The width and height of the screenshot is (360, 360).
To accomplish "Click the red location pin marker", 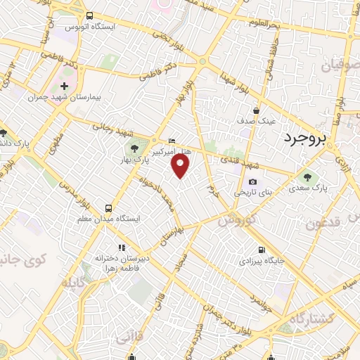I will coord(181,166).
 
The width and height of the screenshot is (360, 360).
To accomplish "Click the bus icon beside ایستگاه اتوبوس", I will coord(89,15).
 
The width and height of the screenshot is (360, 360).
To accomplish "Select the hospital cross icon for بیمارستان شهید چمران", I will coord(64,85).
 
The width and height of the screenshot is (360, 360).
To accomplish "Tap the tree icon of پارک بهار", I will coord(133,148).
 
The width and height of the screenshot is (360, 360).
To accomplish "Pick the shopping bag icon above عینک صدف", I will coord(257,110).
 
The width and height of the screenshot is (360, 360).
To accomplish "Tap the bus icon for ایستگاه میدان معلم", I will coord(108,208).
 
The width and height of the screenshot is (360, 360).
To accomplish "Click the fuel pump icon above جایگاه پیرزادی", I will coord(262,250).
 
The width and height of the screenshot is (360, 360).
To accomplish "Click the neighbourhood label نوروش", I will coord(233,221).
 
